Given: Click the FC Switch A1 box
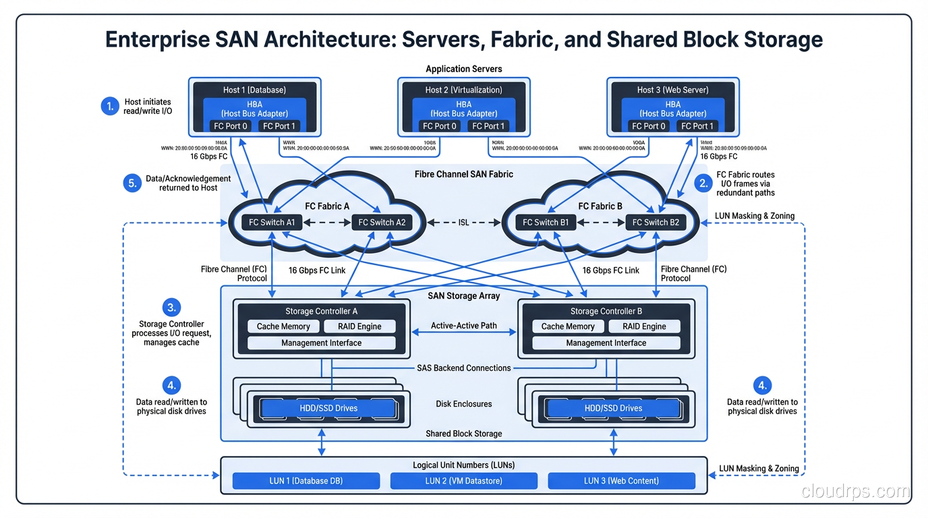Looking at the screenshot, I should [x=272, y=222].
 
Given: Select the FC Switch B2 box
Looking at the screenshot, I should [x=656, y=222].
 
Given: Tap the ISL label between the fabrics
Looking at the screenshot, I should [x=463, y=222].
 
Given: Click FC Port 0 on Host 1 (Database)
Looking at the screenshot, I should [x=231, y=126].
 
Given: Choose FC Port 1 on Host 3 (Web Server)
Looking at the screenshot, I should [x=697, y=126].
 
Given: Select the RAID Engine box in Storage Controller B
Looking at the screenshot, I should [x=644, y=326].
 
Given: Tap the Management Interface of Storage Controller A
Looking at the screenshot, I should [x=321, y=343].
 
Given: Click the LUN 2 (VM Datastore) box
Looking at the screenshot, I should [x=464, y=481].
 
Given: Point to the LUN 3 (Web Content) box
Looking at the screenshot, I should [x=621, y=481].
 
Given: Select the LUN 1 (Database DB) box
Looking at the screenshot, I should [x=306, y=481].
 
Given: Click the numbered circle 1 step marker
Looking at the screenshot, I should [x=110, y=106].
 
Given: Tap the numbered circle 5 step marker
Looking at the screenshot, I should [x=132, y=183].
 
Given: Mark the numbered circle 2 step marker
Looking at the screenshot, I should [x=703, y=183].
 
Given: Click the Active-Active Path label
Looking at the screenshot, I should [x=464, y=326].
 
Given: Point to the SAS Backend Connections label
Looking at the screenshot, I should [x=464, y=368].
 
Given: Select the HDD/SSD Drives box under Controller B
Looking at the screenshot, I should [x=612, y=408].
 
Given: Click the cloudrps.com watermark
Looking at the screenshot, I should [x=855, y=491].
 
